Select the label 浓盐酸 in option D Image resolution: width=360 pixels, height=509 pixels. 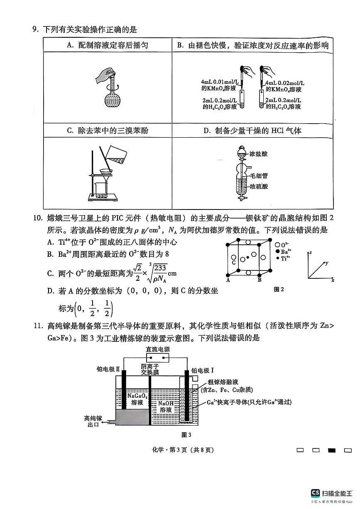coord(259,153)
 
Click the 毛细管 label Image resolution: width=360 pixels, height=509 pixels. coord(259,176)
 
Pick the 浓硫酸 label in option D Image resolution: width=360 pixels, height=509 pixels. coord(259,187)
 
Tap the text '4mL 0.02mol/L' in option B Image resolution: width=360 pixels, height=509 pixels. coord(284,83)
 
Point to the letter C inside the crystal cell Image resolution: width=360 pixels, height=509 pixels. coord(234,263)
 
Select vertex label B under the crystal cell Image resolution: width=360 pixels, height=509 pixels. coord(260,280)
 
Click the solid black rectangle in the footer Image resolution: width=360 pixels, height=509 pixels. coord(332,450)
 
